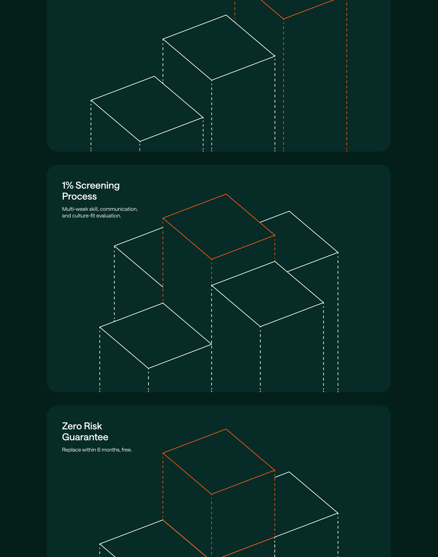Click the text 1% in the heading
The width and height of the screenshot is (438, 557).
tap(68, 185)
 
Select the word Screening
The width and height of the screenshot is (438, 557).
tap(98, 186)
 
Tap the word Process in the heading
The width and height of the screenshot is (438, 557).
tap(79, 196)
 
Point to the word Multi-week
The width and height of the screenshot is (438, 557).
tap(75, 209)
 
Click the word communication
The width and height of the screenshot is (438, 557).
tap(118, 209)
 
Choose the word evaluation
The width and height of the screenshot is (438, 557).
tap(109, 216)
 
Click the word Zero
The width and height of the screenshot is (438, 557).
tap(72, 426)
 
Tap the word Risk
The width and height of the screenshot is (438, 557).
tap(93, 426)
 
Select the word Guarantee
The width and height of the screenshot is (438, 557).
tap(85, 437)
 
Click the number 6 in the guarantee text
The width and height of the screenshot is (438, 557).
tap(99, 450)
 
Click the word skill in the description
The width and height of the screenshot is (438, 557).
tap(94, 209)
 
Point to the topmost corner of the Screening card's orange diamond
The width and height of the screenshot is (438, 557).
tap(226, 194)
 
